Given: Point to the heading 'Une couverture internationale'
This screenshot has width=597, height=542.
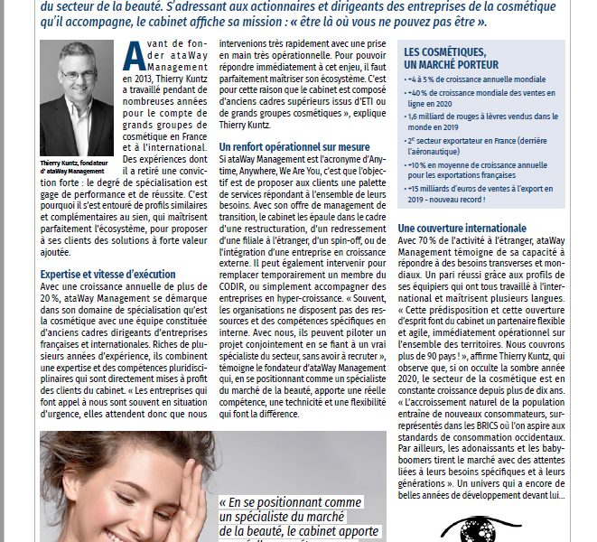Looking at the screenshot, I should coord(462,229).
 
